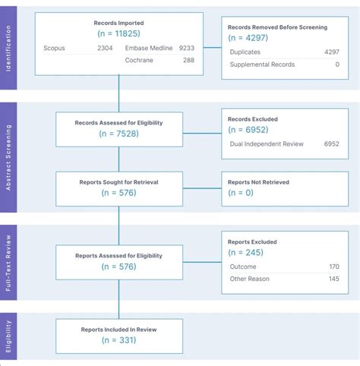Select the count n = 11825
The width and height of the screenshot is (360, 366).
(118, 35)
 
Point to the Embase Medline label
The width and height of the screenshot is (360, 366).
(150, 48)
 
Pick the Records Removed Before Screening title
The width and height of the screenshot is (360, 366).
(277, 27)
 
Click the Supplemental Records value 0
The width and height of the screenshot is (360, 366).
(336, 64)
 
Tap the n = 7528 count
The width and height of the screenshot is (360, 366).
(118, 134)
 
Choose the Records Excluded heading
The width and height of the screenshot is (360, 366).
(253, 119)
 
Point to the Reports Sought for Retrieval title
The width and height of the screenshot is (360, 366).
(118, 182)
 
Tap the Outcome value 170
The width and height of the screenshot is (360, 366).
(333, 267)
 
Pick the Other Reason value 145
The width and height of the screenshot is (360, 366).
(333, 279)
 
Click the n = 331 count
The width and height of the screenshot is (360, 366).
(118, 339)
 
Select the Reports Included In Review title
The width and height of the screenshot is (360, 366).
(118, 329)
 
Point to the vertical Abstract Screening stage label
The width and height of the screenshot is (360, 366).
(9, 156)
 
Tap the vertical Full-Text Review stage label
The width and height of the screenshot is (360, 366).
(9, 262)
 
